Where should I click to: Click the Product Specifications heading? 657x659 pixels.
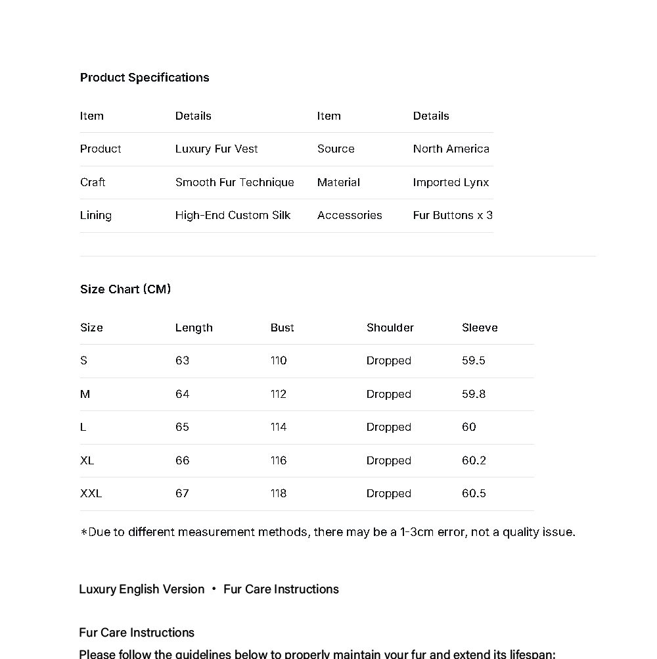(x=145, y=78)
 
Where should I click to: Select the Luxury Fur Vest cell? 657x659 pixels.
(x=216, y=149)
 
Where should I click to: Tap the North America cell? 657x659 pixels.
(x=451, y=149)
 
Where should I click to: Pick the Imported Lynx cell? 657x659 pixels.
(x=451, y=183)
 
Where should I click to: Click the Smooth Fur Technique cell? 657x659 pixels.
(x=235, y=183)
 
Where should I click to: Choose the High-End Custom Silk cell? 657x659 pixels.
(x=233, y=216)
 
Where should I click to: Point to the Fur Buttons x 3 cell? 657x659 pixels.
(x=453, y=216)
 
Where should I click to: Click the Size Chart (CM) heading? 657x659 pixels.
(x=125, y=289)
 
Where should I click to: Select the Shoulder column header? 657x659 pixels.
(x=390, y=328)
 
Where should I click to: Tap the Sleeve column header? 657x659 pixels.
(x=480, y=328)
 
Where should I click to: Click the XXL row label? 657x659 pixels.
(x=91, y=494)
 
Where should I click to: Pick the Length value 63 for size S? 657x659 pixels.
(x=182, y=361)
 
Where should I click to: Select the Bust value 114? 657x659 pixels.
(x=279, y=427)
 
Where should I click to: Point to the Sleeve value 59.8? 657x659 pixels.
(x=474, y=395)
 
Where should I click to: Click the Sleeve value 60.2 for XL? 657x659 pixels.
(x=474, y=461)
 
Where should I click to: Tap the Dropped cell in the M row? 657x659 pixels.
(x=389, y=395)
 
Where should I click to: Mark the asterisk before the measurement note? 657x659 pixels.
(x=83, y=533)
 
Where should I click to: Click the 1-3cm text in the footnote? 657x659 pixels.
(x=417, y=532)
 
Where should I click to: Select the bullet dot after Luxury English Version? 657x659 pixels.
(x=214, y=589)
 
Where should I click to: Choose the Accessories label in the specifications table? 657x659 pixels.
(x=350, y=216)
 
